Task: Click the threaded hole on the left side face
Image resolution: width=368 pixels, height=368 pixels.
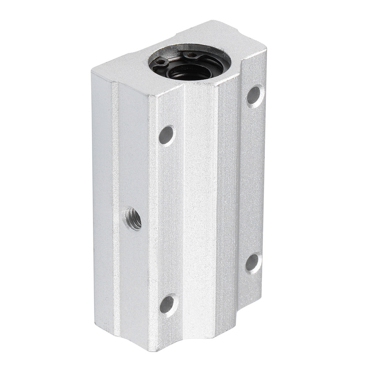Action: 132,218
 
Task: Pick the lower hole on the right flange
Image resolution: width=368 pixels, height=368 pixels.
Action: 254,262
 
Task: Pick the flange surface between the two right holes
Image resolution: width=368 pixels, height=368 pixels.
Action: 254,177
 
